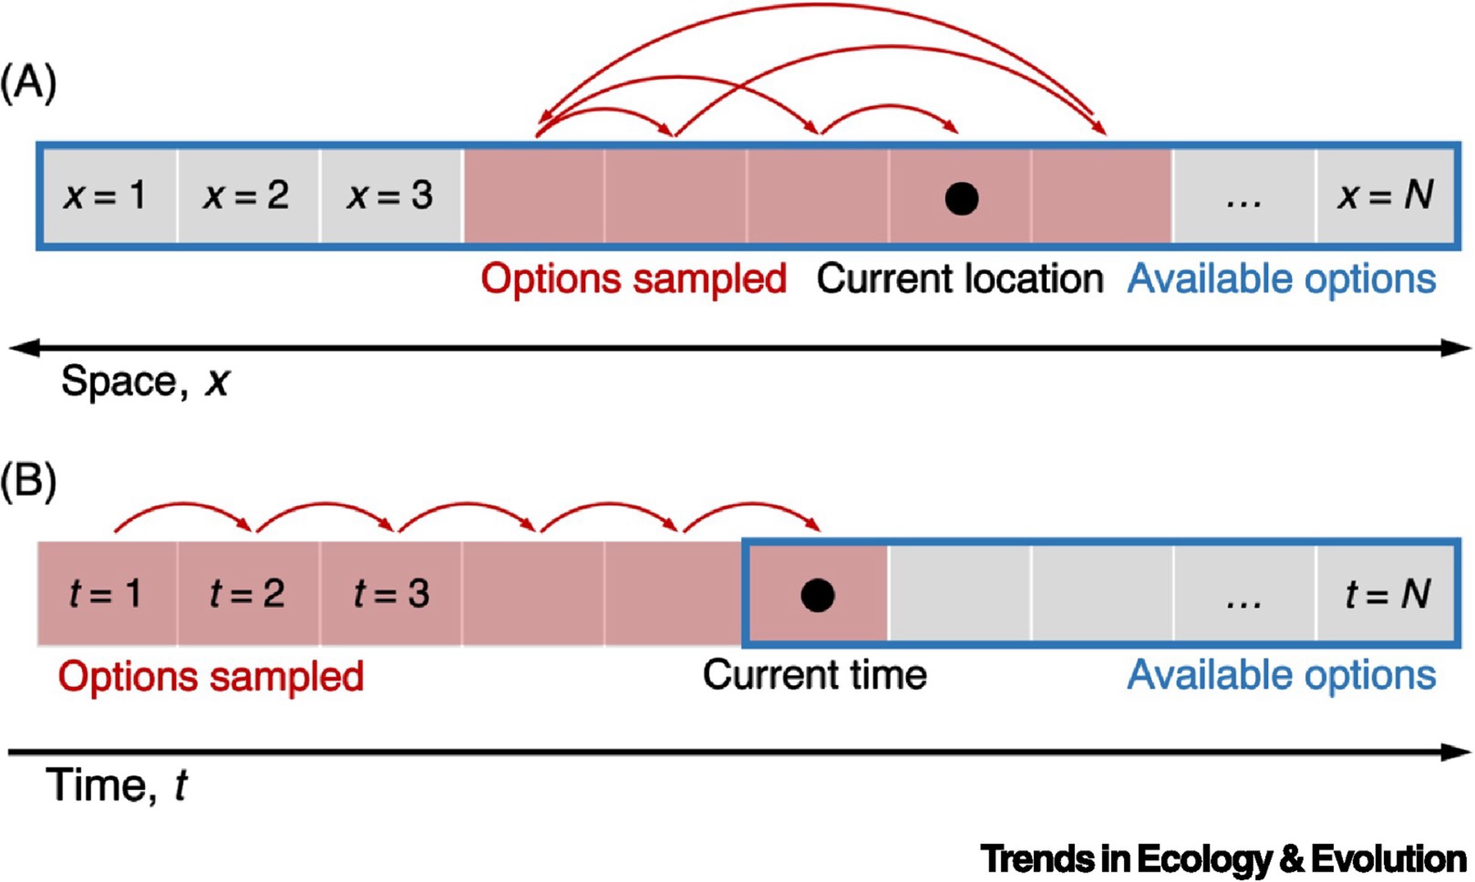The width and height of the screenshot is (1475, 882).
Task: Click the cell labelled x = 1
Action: pos(106,195)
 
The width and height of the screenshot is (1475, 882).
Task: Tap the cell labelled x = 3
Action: pos(390,195)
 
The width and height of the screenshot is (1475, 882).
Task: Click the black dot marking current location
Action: pos(961,198)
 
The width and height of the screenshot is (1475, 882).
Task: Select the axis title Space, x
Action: pos(145,382)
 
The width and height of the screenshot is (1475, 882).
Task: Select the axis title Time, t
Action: pos(116,786)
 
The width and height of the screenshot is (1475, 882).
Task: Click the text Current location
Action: pos(959,279)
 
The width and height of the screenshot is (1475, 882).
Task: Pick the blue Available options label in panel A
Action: pos(1281,279)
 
